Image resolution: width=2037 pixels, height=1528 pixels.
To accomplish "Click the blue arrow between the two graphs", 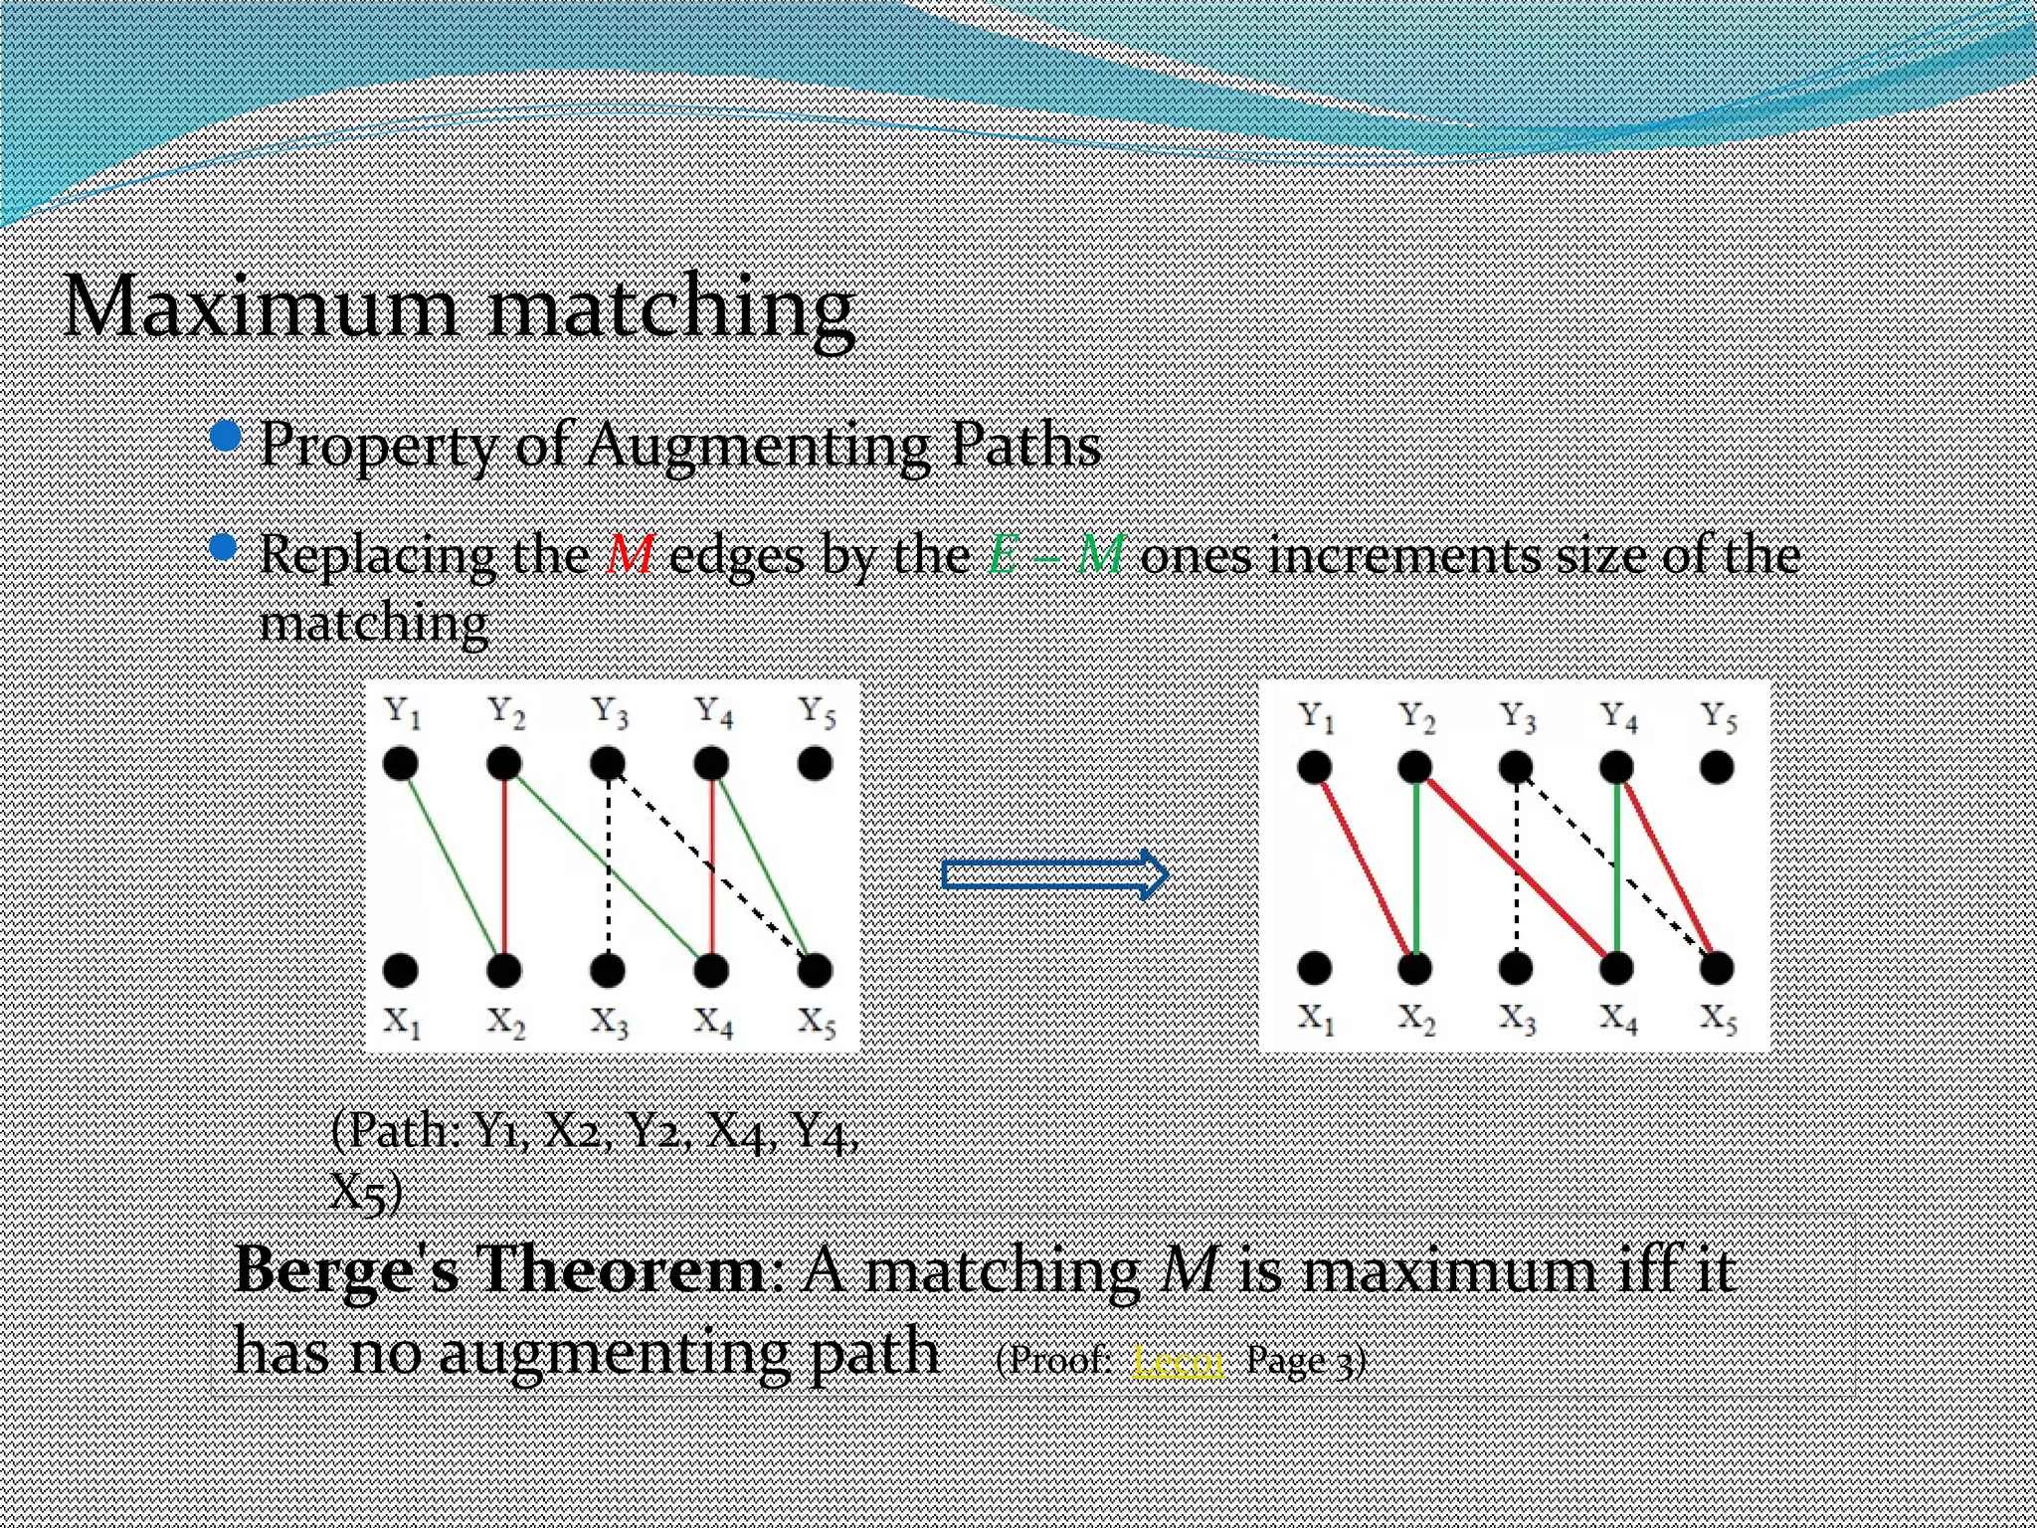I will (1054, 874).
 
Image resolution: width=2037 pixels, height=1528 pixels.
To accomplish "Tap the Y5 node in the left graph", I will (815, 764).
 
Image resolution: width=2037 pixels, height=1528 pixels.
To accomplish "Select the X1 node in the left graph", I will (401, 969).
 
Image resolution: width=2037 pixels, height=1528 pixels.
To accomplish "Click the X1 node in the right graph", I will (1314, 967).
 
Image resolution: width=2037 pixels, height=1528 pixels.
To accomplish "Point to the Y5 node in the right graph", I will (1717, 767).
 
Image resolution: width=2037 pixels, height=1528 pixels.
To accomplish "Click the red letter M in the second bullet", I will (630, 554).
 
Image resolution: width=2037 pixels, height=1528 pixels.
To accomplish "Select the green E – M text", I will (1055, 554).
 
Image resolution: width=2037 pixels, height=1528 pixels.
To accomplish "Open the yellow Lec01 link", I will (1178, 1360).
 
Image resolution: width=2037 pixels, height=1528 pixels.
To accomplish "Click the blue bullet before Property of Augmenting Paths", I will (227, 436).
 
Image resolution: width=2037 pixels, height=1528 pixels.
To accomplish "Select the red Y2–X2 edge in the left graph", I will (505, 865).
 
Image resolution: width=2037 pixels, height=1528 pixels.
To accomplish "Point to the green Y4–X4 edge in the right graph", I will (1617, 865).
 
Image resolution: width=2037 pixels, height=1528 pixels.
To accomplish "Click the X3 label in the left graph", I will (609, 1022).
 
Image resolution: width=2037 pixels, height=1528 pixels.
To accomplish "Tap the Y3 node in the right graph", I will (1515, 767).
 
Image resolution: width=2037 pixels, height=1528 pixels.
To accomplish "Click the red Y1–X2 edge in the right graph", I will (1363, 865).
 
